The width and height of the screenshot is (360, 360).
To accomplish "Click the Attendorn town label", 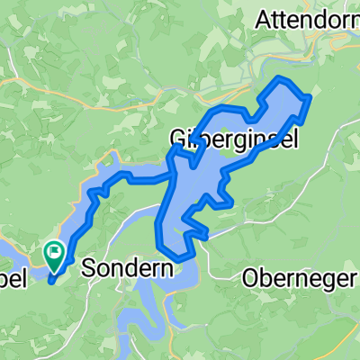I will (307, 18).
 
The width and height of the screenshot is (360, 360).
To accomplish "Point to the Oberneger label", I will (300, 279).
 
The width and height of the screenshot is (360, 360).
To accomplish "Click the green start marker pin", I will (54, 256).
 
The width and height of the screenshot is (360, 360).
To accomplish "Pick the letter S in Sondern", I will (88, 266).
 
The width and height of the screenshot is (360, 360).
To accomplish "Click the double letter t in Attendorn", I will (281, 18).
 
